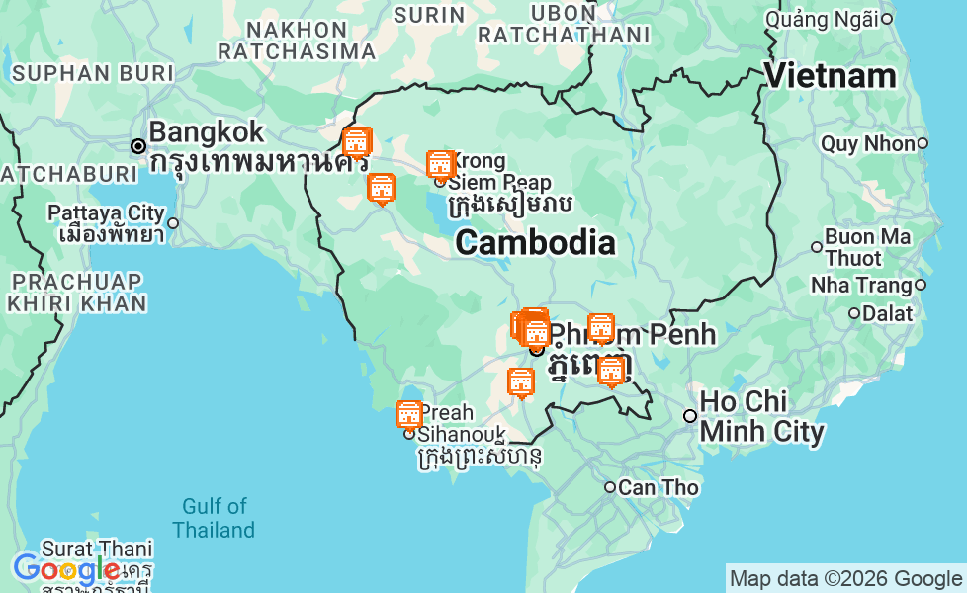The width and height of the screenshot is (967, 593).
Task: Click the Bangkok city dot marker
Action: coord(138,146)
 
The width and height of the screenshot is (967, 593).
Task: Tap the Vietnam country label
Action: coord(830,76)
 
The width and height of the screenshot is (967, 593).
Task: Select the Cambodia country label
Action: coord(535,242)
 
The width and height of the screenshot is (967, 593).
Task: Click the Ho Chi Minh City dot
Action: coord(690,416)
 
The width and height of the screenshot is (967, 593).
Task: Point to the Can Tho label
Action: coord(659,487)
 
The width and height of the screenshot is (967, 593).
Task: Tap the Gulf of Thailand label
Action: coord(214,519)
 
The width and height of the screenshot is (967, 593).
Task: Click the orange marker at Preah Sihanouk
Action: coord(408,415)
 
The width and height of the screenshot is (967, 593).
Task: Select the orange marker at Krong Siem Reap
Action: coord(440,164)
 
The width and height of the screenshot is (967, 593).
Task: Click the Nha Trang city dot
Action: coord(921,285)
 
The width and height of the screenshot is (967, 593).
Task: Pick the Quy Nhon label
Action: coord(867,144)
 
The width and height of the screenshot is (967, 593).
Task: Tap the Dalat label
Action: coord(887,313)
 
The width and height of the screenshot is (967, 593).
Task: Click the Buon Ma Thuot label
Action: coord(867,247)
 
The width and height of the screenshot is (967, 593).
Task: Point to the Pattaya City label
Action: coord(106,213)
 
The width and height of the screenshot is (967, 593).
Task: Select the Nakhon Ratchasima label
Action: coord(296,40)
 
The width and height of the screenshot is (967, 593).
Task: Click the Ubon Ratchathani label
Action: coord(564,24)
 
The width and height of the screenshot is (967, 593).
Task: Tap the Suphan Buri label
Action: coord(92,73)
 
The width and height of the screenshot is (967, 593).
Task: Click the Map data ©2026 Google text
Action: coord(845,579)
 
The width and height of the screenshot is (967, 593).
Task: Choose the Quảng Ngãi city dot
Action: coord(887,19)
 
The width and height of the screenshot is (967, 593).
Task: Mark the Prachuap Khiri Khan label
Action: coord(76,293)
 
